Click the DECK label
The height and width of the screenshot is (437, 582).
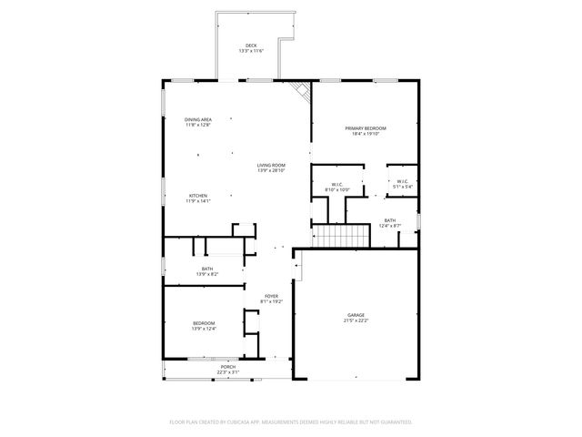tap(250, 45)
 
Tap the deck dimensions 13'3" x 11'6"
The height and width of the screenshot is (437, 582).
tap(250, 51)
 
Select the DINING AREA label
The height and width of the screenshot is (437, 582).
tap(198, 119)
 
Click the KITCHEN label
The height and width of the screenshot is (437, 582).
tap(198, 196)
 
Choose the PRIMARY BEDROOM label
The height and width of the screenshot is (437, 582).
tap(366, 128)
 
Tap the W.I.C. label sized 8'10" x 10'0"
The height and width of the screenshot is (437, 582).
tap(336, 185)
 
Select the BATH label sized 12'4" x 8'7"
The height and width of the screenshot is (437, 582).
tap(389, 220)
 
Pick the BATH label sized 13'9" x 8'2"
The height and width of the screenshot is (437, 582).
tap(207, 268)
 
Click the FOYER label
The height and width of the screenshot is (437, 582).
tap(271, 296)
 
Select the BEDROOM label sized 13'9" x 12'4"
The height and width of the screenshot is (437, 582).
tap(204, 322)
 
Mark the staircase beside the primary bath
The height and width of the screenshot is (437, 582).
tap(342, 236)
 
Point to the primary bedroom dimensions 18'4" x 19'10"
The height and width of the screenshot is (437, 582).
tap(366, 135)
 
